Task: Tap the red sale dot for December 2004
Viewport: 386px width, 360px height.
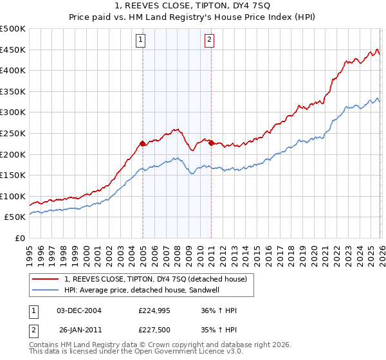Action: (142, 144)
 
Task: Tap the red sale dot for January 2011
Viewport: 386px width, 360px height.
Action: (212, 143)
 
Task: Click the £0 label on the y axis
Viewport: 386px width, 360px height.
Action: (21, 239)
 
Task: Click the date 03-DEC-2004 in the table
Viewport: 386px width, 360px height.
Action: (79, 310)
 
